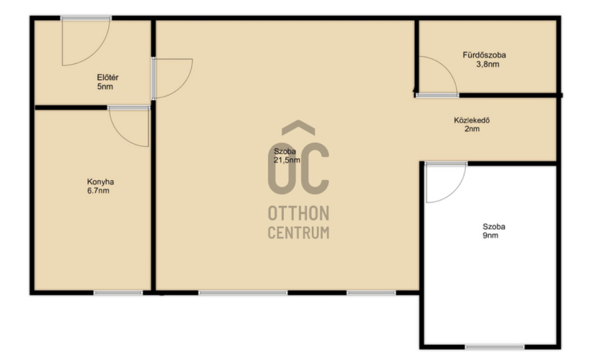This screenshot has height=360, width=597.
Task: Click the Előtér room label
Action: (108, 77)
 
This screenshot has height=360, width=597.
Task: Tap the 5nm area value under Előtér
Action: (105, 87)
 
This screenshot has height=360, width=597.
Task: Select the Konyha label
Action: (101, 182)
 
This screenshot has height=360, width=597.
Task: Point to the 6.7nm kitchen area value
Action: (98, 191)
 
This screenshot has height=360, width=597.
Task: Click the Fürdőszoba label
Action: (485, 55)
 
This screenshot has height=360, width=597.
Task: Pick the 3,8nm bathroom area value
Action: (488, 64)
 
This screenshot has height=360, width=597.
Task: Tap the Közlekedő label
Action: (472, 120)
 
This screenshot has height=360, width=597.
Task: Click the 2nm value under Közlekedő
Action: (472, 129)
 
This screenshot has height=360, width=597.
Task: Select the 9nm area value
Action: (490, 235)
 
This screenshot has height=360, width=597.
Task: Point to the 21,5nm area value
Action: (287, 161)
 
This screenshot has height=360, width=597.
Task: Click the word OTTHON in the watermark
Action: (298, 214)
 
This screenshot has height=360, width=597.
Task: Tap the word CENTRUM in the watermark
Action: (298, 233)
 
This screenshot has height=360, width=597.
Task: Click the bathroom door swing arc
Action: (446, 67)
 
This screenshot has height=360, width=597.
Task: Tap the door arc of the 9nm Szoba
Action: (456, 190)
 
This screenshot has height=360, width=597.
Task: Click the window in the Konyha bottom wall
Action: (118, 292)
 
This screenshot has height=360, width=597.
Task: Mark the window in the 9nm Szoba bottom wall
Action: (494, 347)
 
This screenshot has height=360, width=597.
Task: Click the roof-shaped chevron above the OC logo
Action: (298, 128)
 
